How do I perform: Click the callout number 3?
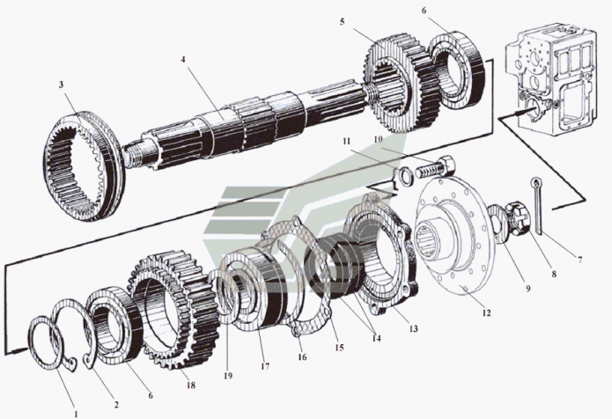(x=61, y=85)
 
